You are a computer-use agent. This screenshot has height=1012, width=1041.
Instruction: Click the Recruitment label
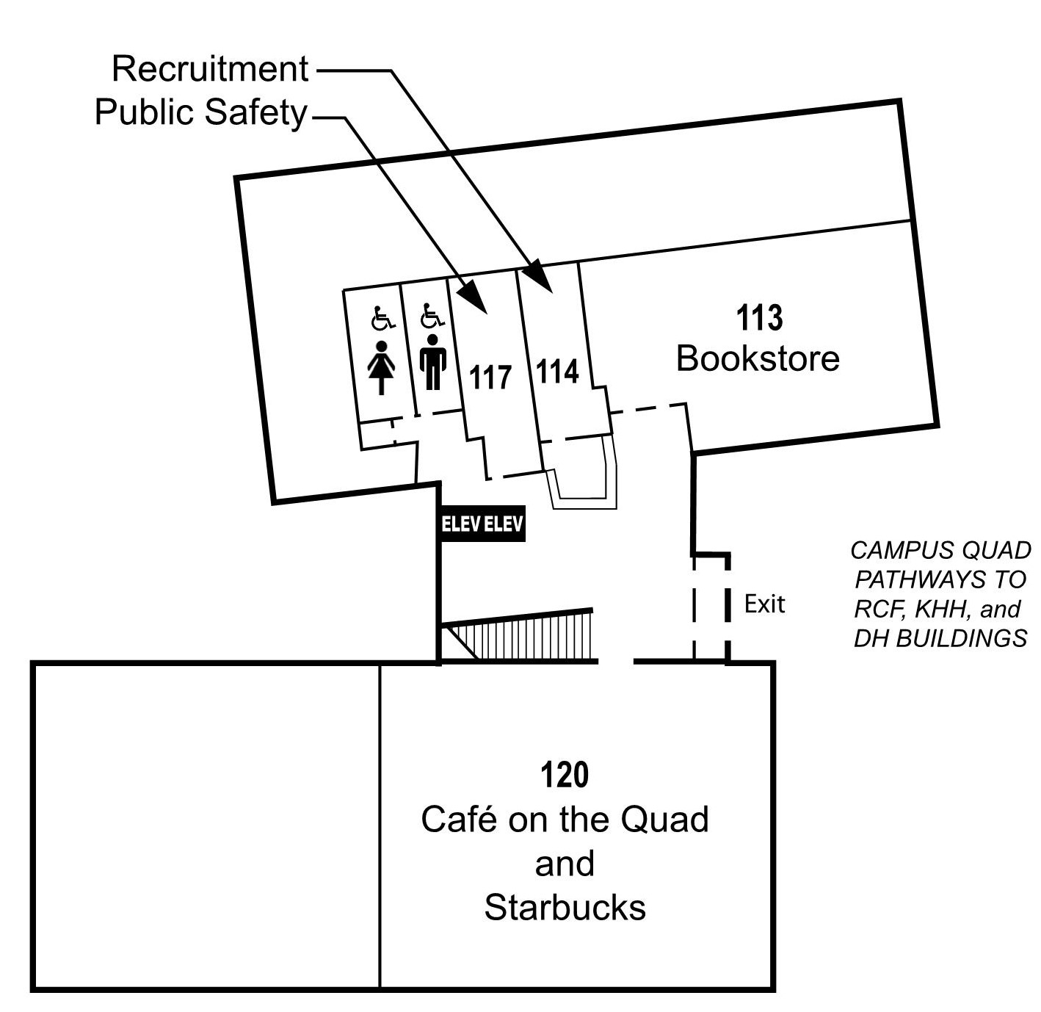(x=210, y=69)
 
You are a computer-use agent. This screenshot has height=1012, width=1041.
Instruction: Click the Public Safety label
(x=200, y=113)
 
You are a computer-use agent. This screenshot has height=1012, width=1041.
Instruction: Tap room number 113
(x=759, y=319)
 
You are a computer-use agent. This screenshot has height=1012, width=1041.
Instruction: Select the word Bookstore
(x=758, y=359)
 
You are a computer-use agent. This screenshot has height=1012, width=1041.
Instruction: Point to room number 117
(x=490, y=377)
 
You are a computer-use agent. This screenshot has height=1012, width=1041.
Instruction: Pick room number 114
(x=557, y=372)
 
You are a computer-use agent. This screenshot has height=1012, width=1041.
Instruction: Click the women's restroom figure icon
(x=381, y=367)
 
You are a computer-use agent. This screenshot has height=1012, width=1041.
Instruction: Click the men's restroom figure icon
(x=433, y=362)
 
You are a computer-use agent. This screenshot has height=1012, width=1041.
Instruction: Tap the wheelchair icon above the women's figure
(x=382, y=319)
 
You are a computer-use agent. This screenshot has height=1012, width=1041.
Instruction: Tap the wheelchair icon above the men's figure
(x=432, y=317)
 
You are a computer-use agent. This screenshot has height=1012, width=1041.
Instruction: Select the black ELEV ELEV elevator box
(x=482, y=524)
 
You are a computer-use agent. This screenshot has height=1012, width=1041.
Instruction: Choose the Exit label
(x=764, y=604)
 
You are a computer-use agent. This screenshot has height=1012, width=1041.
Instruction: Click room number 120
(x=565, y=776)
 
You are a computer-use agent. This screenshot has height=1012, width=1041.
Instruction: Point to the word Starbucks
(x=565, y=908)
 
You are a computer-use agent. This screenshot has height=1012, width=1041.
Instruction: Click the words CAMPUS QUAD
(x=940, y=550)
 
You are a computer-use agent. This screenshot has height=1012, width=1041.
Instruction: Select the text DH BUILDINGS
(x=940, y=638)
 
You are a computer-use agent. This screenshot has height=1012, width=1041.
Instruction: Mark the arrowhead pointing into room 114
(x=540, y=277)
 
